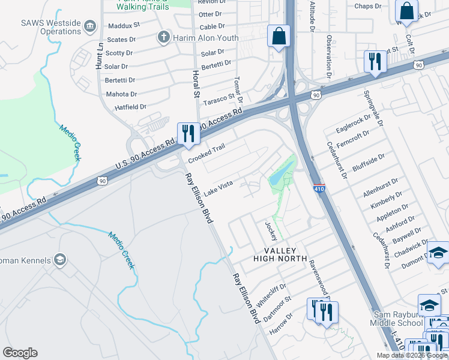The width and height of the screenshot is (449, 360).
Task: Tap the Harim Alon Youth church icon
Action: [x=163, y=37]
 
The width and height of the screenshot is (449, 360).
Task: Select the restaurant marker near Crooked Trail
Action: [x=189, y=134]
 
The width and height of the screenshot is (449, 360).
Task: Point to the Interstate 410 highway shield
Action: [x=319, y=188]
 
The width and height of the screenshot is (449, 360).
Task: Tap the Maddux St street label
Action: [x=124, y=26]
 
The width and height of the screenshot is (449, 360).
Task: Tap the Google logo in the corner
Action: [x=20, y=353]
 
